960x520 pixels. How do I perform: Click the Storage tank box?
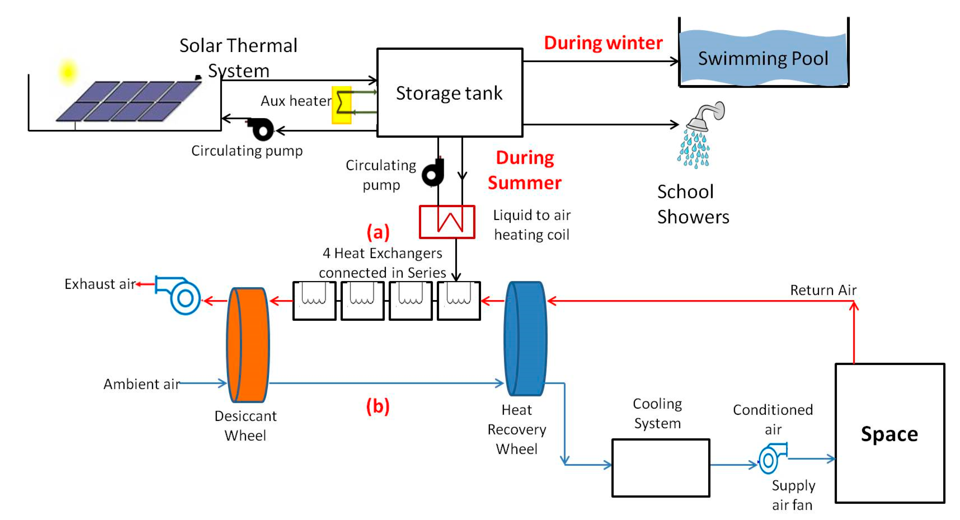point(450,92)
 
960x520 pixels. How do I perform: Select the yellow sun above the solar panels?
point(68,72)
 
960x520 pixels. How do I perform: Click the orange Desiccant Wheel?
point(248,345)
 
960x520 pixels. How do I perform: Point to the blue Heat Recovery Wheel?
point(526,338)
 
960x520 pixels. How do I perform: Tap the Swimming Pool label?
point(763,59)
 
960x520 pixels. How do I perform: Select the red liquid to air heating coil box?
point(447,222)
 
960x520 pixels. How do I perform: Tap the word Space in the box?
point(889,434)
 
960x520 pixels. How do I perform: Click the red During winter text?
point(603,43)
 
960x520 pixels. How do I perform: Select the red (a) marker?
point(378,232)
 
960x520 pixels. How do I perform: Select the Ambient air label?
point(142,384)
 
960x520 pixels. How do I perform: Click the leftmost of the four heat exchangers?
point(314,301)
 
